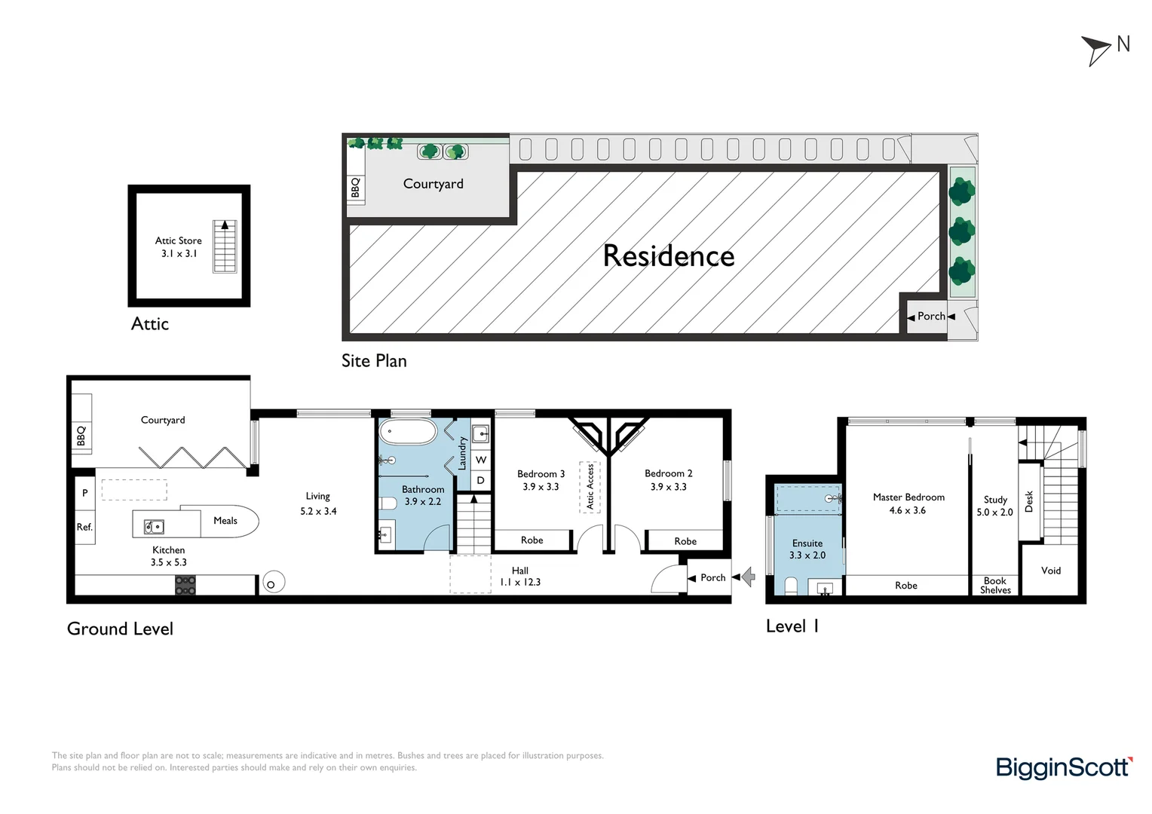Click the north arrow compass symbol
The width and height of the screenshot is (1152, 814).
(x=1098, y=50)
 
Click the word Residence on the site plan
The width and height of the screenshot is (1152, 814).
(x=668, y=256)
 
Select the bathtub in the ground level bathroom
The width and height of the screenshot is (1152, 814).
(x=408, y=433)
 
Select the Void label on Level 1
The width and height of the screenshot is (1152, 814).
(x=1050, y=571)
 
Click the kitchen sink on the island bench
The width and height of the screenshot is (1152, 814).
(x=155, y=526)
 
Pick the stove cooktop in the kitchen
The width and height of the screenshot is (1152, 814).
(x=185, y=585)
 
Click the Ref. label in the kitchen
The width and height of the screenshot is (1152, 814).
(x=84, y=527)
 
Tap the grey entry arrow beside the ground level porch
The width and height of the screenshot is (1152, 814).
(x=748, y=577)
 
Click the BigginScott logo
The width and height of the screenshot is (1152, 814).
(x=1063, y=767)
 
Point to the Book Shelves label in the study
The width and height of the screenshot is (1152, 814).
(x=994, y=586)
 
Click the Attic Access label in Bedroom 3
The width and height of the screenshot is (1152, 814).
(x=590, y=486)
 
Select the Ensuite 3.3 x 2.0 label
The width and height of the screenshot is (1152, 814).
(x=807, y=549)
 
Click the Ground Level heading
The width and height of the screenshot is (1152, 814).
(x=120, y=629)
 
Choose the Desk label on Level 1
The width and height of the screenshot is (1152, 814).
(x=1029, y=501)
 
